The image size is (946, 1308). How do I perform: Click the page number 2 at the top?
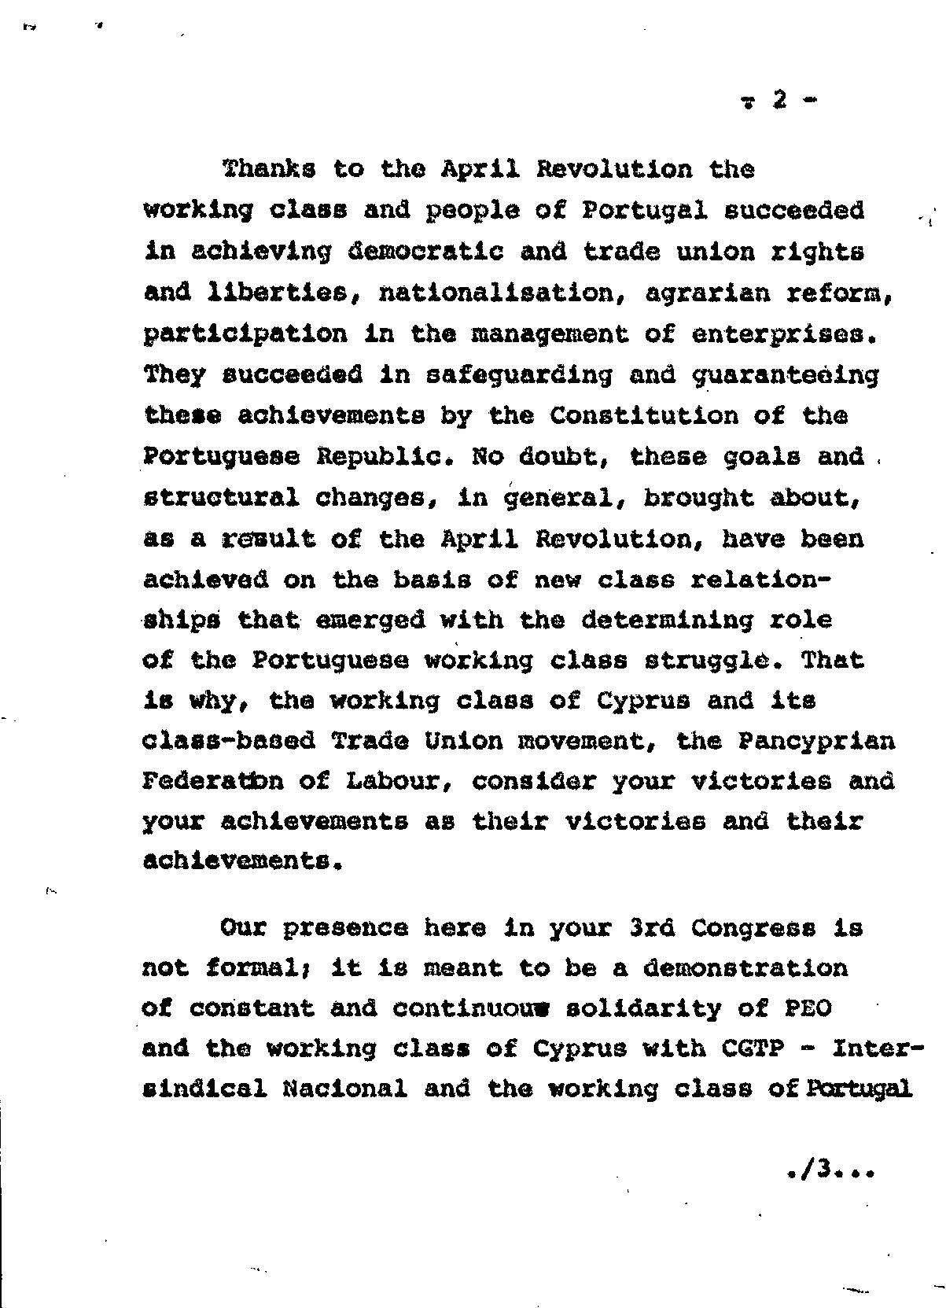tap(779, 100)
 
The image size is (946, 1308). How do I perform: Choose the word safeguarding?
tap(518, 375)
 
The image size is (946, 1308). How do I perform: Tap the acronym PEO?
tap(808, 1008)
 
